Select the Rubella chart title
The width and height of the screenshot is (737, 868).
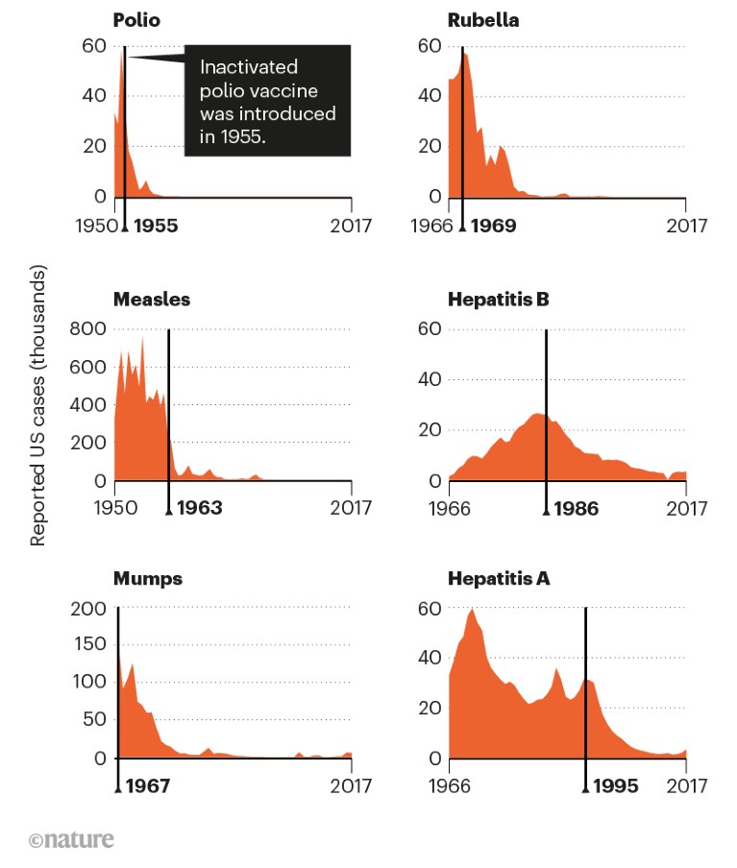(x=483, y=19)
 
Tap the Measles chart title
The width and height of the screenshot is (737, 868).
(x=151, y=300)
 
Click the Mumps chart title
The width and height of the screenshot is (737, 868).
(x=147, y=579)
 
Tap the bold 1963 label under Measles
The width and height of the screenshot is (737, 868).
(x=199, y=508)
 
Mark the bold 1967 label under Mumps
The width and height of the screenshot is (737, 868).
(x=147, y=786)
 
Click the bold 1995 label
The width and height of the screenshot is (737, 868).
(x=616, y=786)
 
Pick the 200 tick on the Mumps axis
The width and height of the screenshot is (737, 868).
(x=90, y=609)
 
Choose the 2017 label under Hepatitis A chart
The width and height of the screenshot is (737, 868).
(x=686, y=786)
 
